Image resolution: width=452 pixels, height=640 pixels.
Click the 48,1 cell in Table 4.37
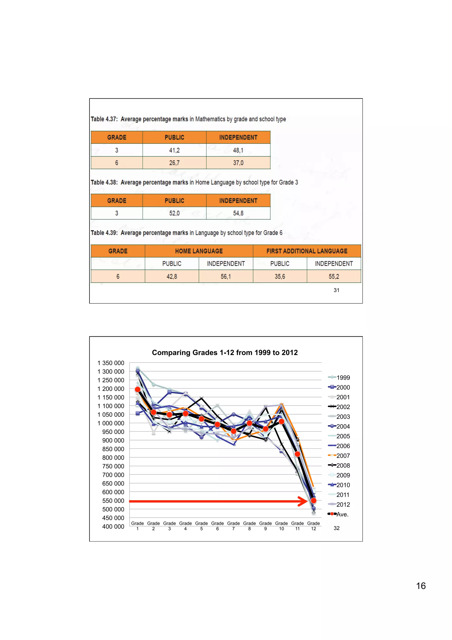[238, 150]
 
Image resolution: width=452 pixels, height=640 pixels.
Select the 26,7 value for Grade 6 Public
[174, 163]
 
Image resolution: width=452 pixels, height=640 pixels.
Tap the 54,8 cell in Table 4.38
[238, 213]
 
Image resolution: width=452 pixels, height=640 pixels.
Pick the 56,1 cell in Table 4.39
[226, 276]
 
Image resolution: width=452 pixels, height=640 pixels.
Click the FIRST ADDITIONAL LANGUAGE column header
[307, 251]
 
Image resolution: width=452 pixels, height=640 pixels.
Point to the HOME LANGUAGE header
[199, 251]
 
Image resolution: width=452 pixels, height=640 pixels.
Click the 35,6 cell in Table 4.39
[280, 276]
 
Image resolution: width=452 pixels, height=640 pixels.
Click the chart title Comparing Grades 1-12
[225, 353]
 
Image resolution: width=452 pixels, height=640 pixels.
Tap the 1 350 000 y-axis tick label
[111, 363]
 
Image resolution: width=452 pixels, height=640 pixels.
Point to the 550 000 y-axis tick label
[113, 501]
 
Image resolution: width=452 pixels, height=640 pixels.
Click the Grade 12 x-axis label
[313, 526]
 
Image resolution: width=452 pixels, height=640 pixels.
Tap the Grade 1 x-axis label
[137, 526]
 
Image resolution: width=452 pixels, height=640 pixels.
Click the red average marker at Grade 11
[298, 454]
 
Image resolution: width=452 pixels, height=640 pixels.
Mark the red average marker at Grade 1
[137, 389]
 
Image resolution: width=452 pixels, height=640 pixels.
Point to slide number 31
[336, 290]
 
